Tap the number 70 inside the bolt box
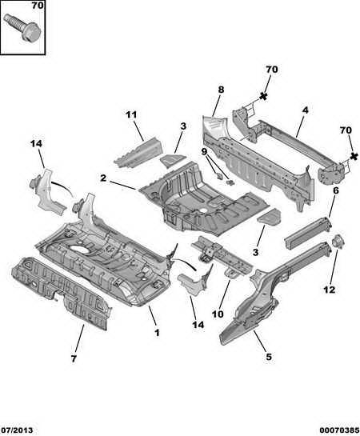(x=38, y=6)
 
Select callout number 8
(x=221, y=90)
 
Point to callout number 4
(x=306, y=110)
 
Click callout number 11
(x=131, y=114)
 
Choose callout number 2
(x=103, y=178)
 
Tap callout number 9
(x=204, y=152)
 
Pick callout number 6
(x=336, y=190)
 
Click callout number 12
(x=329, y=290)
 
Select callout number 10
(x=218, y=314)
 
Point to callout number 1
(x=157, y=333)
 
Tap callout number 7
(x=74, y=358)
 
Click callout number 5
(x=269, y=357)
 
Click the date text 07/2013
(x=17, y=430)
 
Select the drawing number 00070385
(x=339, y=430)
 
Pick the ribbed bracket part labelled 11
(x=138, y=154)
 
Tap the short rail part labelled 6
(x=308, y=233)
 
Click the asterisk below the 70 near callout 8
(x=263, y=97)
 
